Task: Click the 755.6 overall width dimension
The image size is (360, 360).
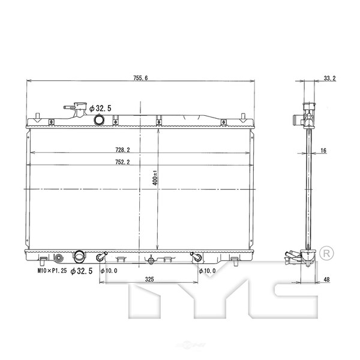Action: tap(140, 78)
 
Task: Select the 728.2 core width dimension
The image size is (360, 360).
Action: tap(122, 150)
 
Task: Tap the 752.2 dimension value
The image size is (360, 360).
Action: tap(122, 162)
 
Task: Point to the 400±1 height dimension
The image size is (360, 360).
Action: tap(155, 178)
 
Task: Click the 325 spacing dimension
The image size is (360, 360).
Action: tap(149, 279)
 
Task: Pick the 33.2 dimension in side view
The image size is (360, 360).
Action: tap(329, 78)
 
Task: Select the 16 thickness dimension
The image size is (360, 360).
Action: tap(323, 151)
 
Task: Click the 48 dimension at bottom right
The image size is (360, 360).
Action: tap(326, 280)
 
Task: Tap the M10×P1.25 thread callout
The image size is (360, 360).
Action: tap(52, 271)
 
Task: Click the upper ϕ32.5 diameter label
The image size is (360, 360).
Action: tap(100, 108)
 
